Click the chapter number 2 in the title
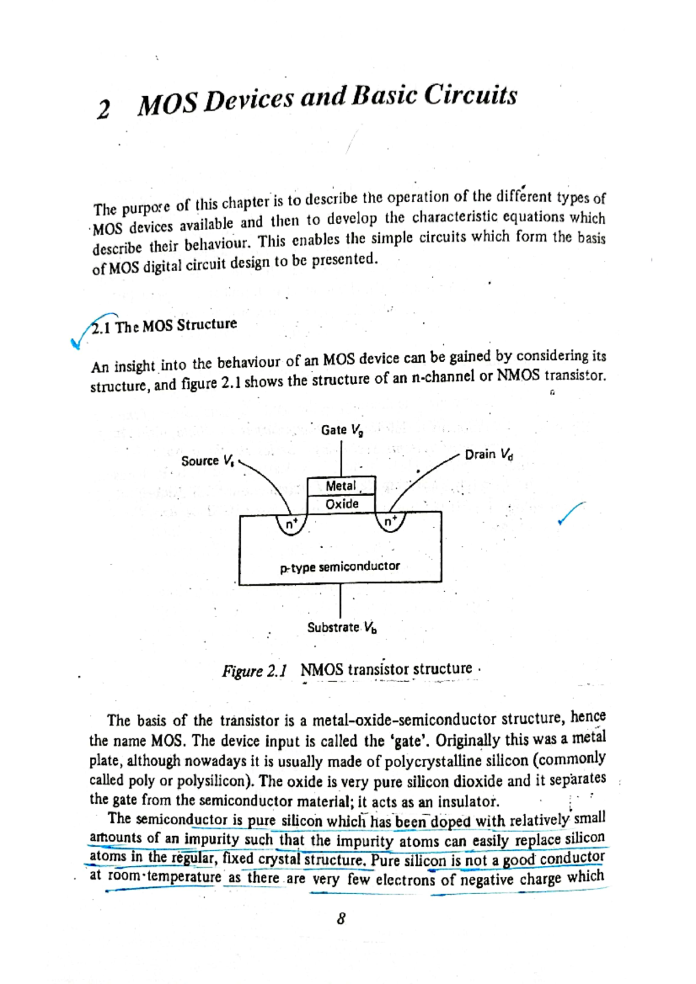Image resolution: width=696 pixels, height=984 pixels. click(x=103, y=109)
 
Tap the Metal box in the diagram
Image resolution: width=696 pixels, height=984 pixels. click(x=341, y=486)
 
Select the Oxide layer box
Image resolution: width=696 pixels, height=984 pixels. click(x=342, y=504)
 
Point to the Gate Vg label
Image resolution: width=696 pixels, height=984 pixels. click(x=342, y=430)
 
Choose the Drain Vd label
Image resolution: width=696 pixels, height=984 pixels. click(x=489, y=454)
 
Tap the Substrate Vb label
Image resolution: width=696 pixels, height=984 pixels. click(x=342, y=628)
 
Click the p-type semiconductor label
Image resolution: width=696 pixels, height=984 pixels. click(x=340, y=566)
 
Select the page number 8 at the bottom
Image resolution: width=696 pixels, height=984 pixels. click(x=341, y=919)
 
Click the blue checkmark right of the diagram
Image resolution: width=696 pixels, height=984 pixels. click(x=571, y=513)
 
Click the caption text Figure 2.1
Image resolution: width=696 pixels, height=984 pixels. click(x=254, y=671)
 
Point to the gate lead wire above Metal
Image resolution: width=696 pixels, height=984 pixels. click(x=341, y=458)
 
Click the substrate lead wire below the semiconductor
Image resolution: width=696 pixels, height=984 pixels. click(x=340, y=600)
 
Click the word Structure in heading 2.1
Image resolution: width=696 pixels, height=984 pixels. click(x=207, y=325)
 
